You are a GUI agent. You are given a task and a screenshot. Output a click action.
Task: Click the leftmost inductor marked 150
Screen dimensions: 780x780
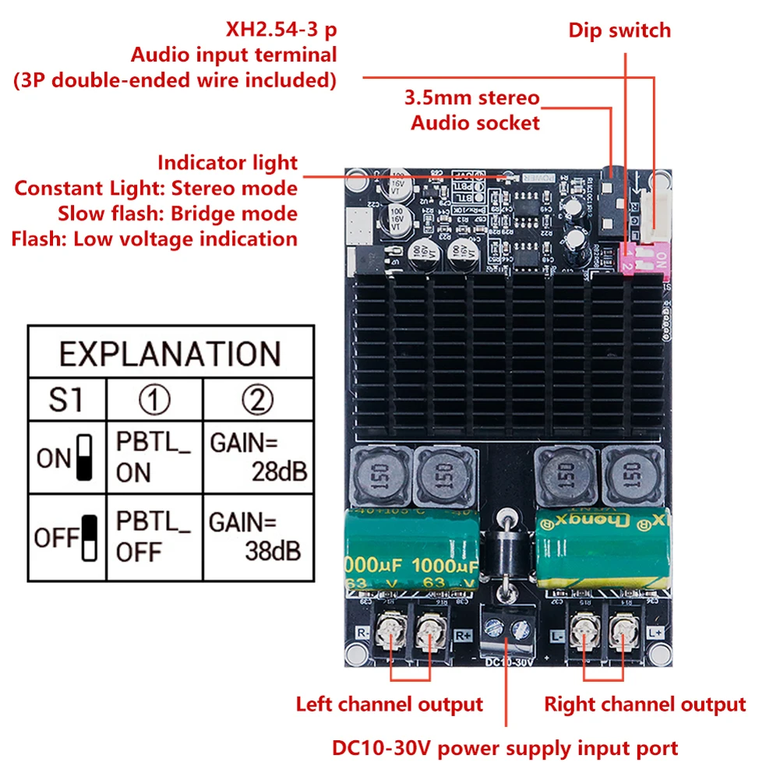379,476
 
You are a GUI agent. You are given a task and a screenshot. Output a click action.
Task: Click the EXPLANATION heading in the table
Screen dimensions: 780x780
169,354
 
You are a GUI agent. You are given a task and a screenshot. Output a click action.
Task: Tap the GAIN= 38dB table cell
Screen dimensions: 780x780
257,537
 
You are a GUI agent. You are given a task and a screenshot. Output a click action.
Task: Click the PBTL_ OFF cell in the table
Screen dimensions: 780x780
154,537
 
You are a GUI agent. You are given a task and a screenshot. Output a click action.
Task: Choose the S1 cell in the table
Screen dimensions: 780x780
66,401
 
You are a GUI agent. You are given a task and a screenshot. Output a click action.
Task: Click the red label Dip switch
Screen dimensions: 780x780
619,30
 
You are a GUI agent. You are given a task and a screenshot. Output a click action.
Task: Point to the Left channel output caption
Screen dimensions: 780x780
389,704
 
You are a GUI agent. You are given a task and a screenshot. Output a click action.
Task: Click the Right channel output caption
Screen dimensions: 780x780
644,704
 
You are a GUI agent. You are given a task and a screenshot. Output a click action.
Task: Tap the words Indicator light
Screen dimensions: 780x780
228,163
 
